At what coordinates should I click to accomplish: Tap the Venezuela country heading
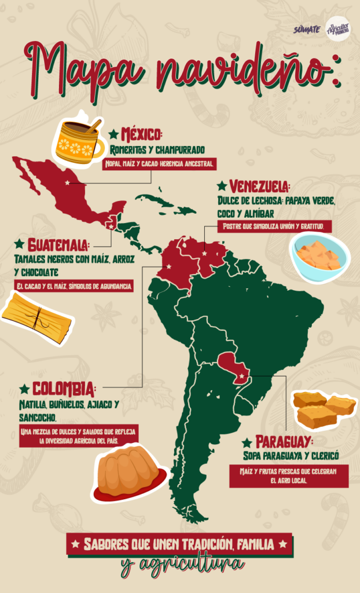(259, 186)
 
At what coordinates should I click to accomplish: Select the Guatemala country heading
(58, 244)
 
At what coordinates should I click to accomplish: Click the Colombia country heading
(63, 387)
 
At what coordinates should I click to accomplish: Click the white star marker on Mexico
(68, 183)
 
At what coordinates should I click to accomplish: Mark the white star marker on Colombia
(168, 267)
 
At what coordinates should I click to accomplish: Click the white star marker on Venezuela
(204, 253)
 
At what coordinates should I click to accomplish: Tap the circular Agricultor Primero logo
(338, 28)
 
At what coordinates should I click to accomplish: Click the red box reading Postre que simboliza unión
(274, 226)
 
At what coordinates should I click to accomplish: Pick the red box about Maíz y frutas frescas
(289, 476)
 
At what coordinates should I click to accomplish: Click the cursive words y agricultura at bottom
(182, 563)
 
